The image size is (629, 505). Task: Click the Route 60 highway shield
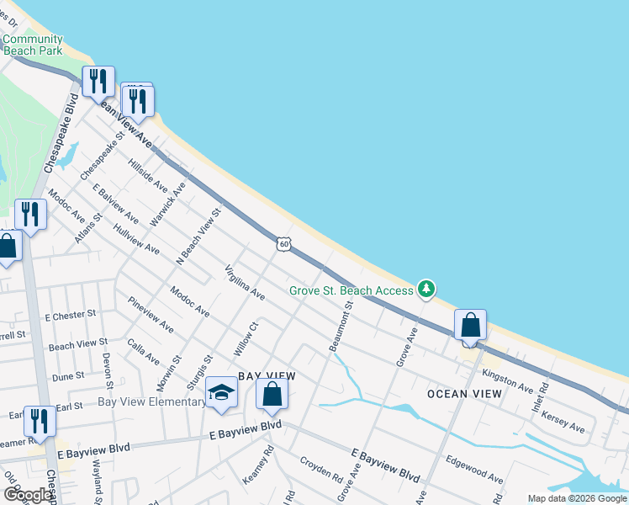pyautogui.click(x=285, y=244)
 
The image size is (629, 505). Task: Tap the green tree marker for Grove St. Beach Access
pyautogui.click(x=427, y=290)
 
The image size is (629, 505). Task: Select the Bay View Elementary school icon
pyautogui.click(x=221, y=394)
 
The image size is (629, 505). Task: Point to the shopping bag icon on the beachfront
pyautogui.click(x=471, y=326)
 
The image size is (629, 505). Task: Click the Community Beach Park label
pyautogui.click(x=33, y=45)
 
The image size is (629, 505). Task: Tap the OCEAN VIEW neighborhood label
pyautogui.click(x=464, y=394)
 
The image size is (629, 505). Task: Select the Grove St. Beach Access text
pyautogui.click(x=351, y=290)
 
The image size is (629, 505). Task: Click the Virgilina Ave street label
pyautogui.click(x=245, y=283)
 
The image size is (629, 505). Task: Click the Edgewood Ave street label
pyautogui.click(x=475, y=470)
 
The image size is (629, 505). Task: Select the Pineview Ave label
pyautogui.click(x=151, y=314)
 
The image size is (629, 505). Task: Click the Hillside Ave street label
pyautogui.click(x=148, y=174)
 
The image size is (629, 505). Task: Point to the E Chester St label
pyautogui.click(x=66, y=316)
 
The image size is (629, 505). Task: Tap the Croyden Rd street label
pyautogui.click(x=321, y=470)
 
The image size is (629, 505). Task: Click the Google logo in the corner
pyautogui.click(x=28, y=495)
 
